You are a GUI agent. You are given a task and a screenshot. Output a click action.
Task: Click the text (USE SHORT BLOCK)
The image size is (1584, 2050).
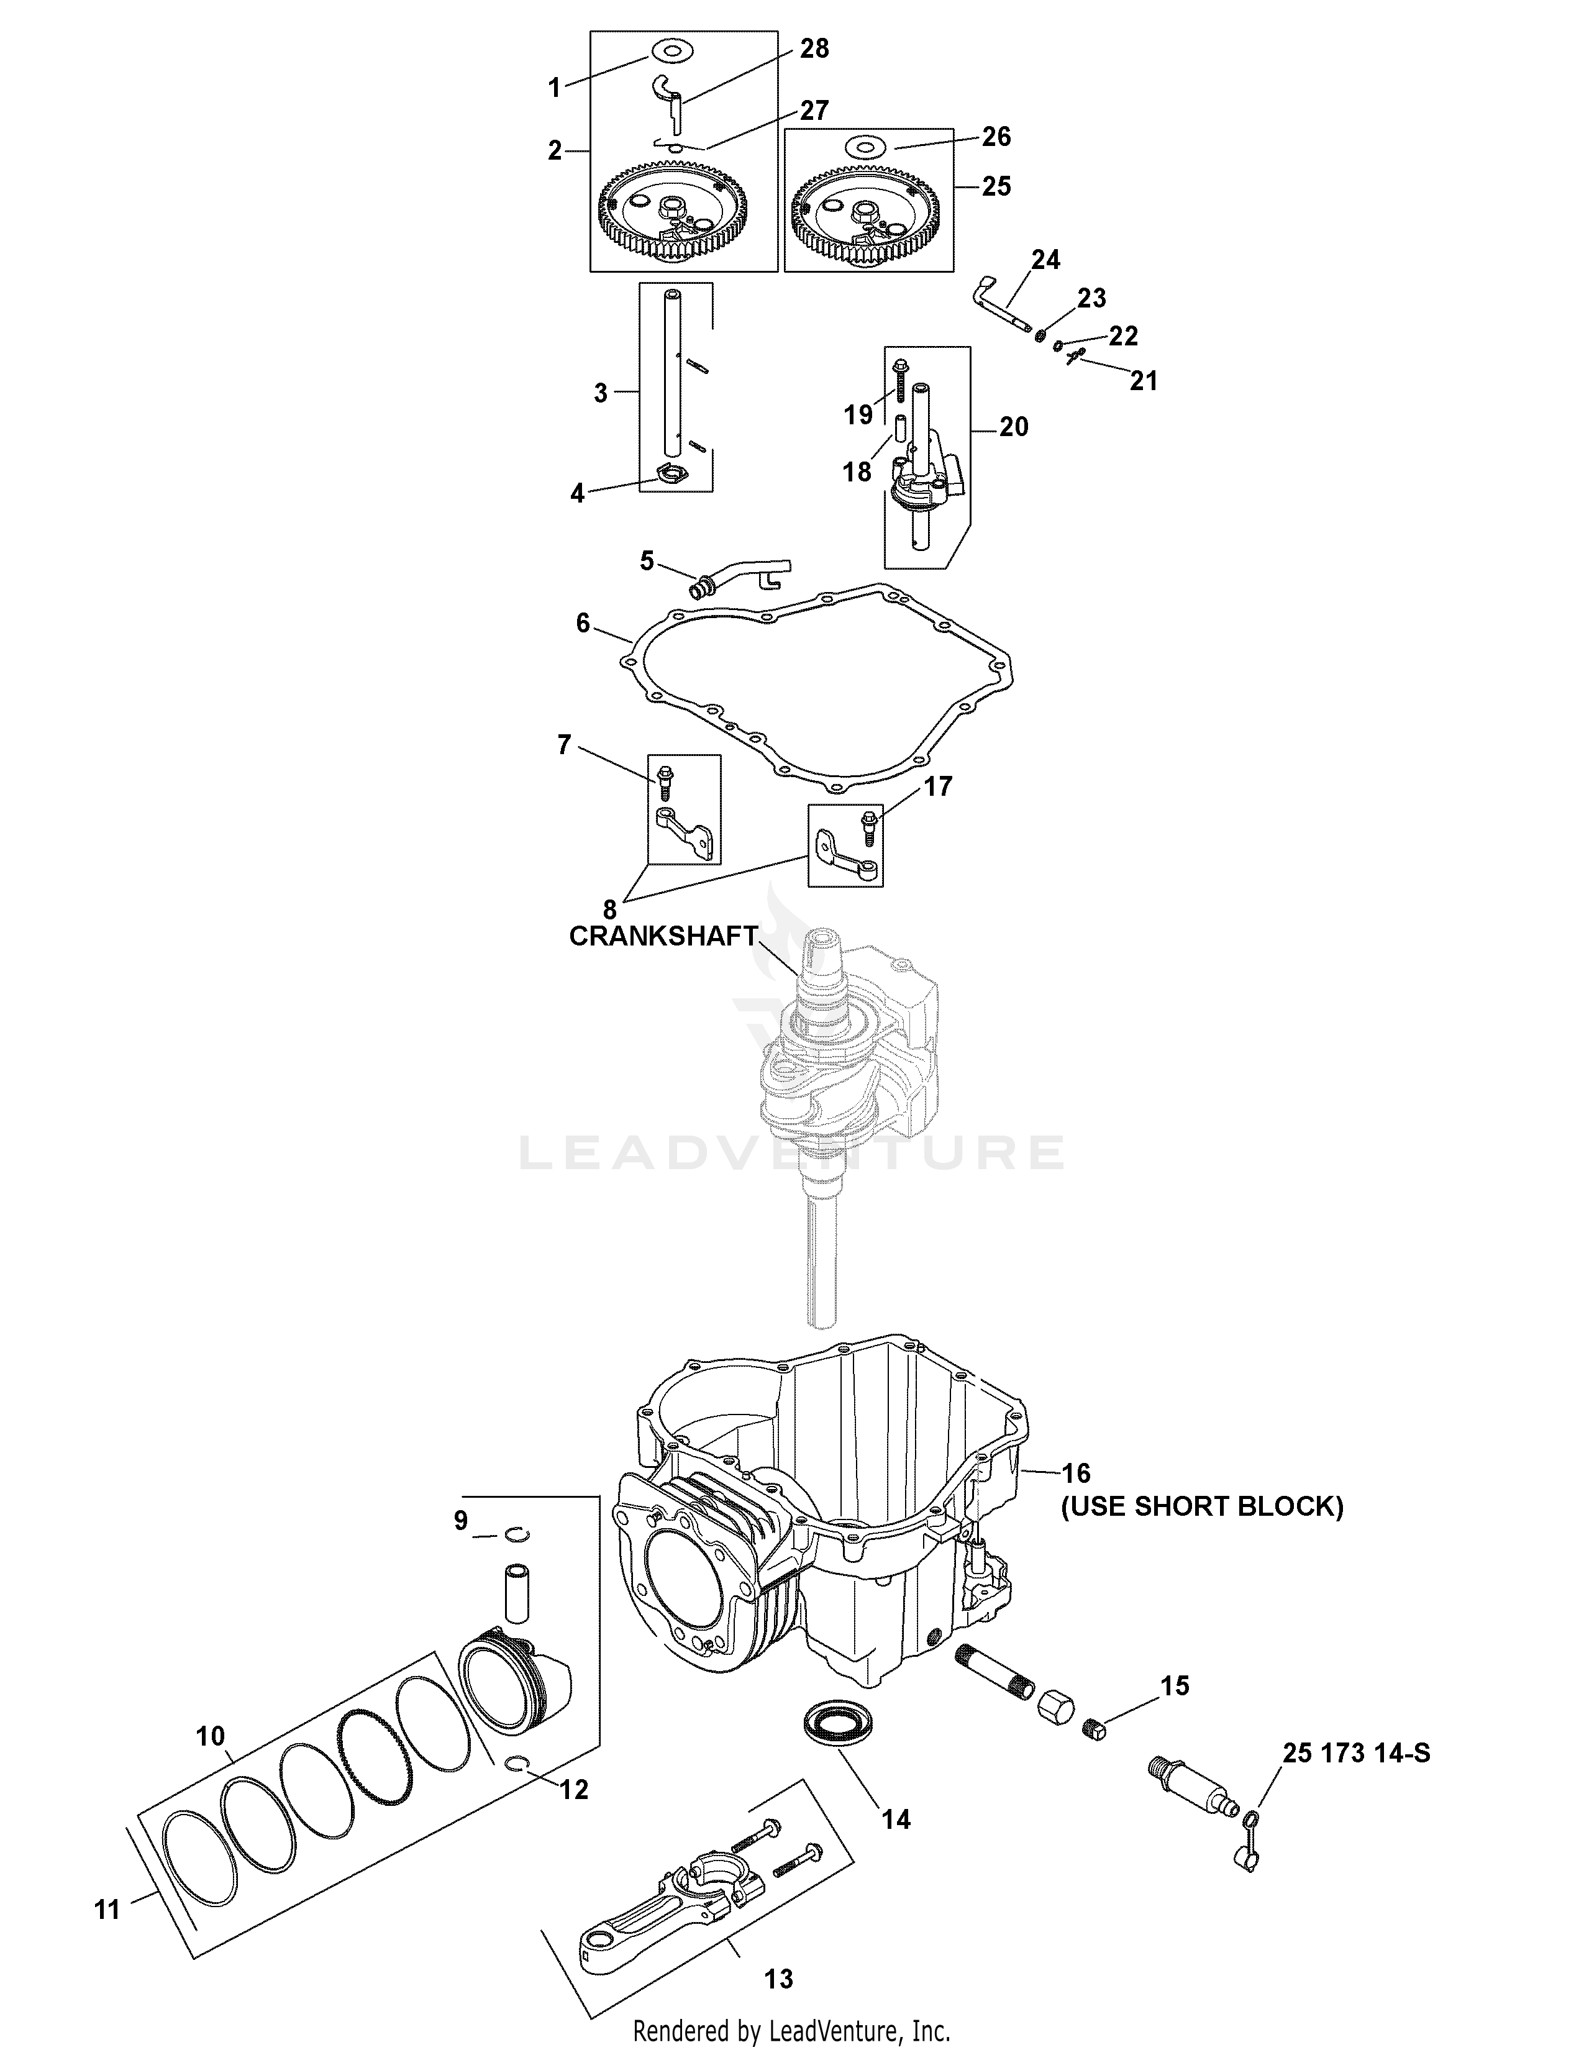tap(1202, 1506)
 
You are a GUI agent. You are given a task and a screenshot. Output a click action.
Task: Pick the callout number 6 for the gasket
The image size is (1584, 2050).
tap(583, 622)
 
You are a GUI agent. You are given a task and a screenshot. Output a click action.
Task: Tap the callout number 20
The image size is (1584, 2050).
tap(1014, 427)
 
